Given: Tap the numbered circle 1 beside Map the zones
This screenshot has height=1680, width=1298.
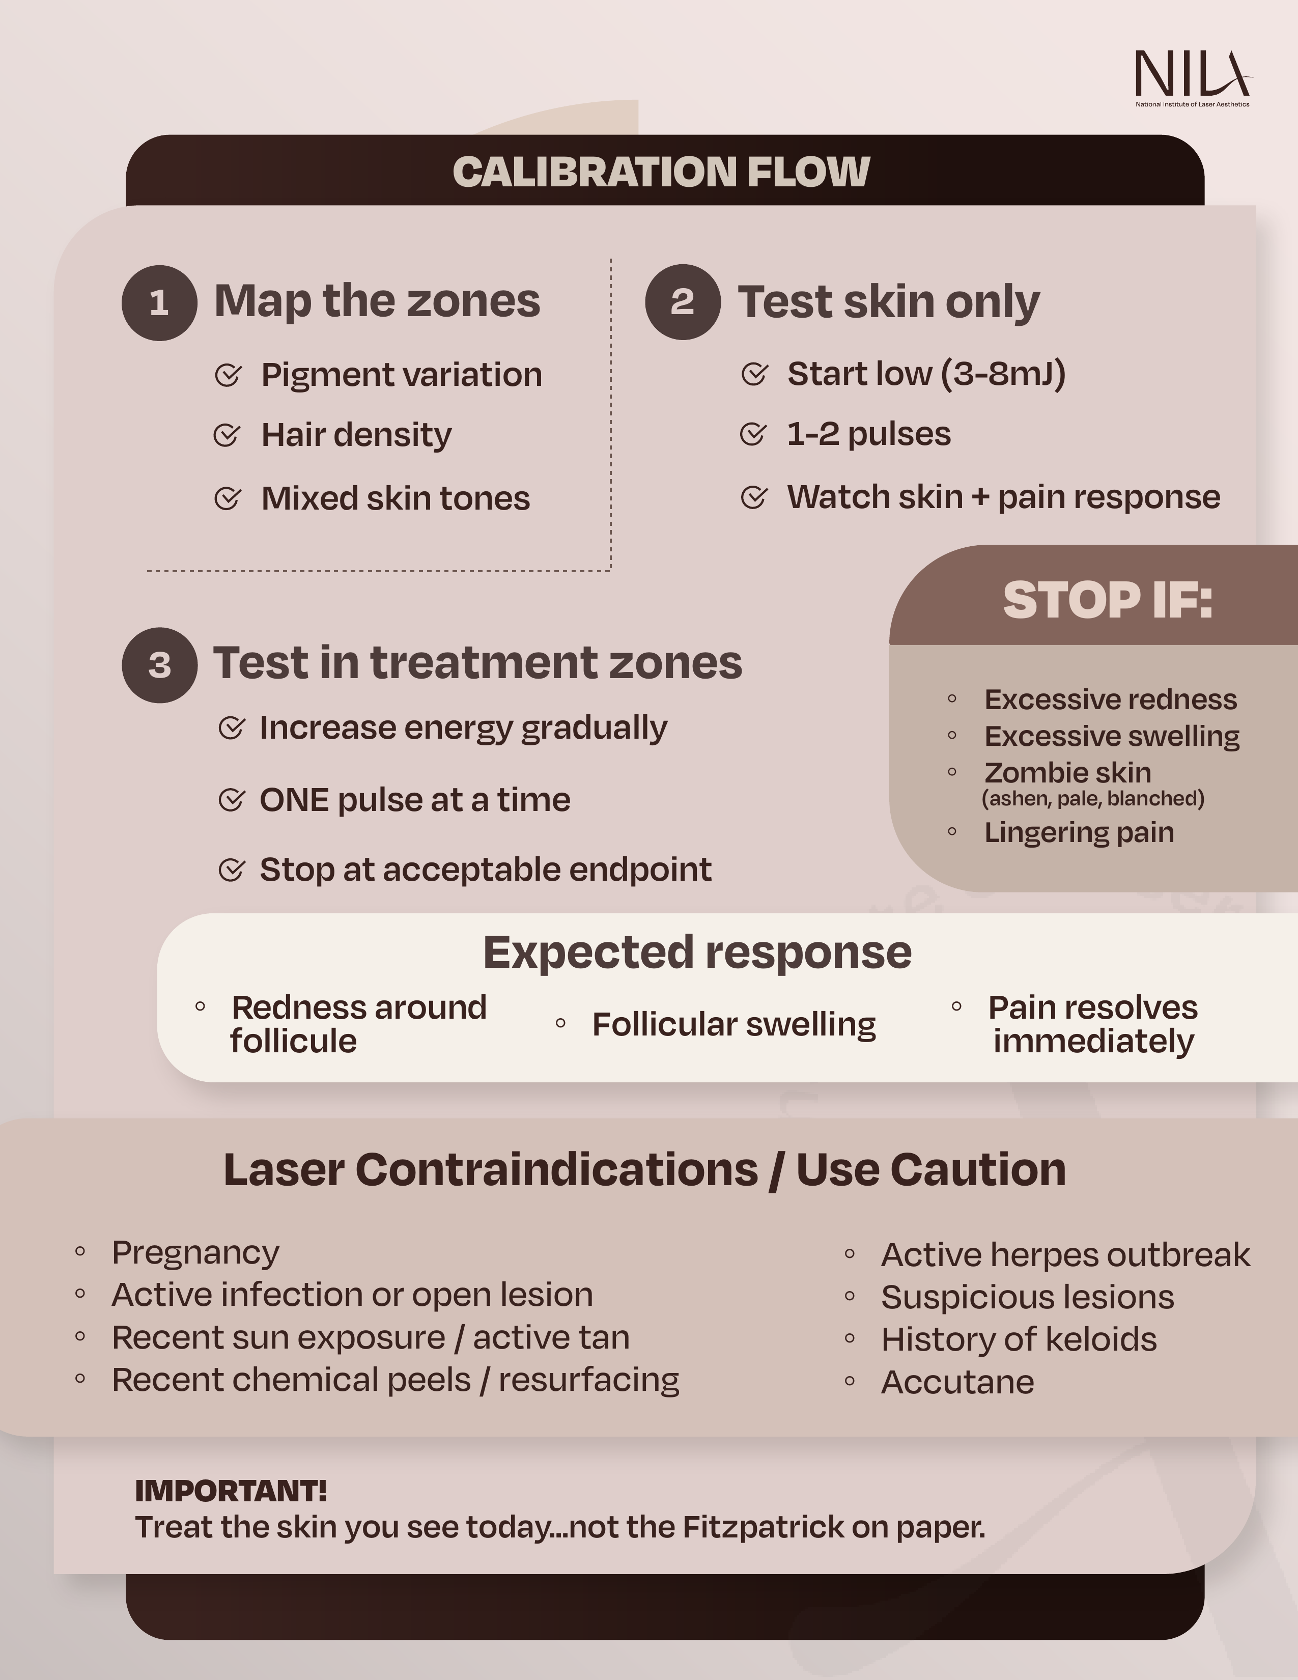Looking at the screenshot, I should coord(159,302).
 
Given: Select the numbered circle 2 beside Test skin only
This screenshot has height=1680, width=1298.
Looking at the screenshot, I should coord(682,301).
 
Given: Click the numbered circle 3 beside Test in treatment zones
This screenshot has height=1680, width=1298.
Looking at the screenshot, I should coord(159,664).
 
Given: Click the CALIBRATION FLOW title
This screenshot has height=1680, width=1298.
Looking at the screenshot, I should coord(661,172).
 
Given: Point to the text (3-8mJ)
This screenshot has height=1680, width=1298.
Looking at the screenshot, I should coord(1003,374).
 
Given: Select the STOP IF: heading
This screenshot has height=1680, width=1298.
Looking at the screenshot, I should coord(1107,600).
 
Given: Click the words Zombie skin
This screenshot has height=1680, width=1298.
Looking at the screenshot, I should coord(1067,772).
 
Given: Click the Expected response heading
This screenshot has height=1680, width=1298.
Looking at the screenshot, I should coord(697,953).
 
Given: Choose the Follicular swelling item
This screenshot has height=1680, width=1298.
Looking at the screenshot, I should coord(733,1025).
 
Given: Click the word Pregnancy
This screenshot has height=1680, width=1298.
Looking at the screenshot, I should coord(195,1252).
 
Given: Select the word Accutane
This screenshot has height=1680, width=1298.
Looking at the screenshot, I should coord(957,1382).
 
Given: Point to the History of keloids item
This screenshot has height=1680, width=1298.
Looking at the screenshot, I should coord(1019,1339).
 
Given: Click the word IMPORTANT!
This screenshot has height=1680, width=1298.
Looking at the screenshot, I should coord(231,1491).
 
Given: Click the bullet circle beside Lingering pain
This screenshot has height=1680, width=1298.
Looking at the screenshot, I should coord(952,831).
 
